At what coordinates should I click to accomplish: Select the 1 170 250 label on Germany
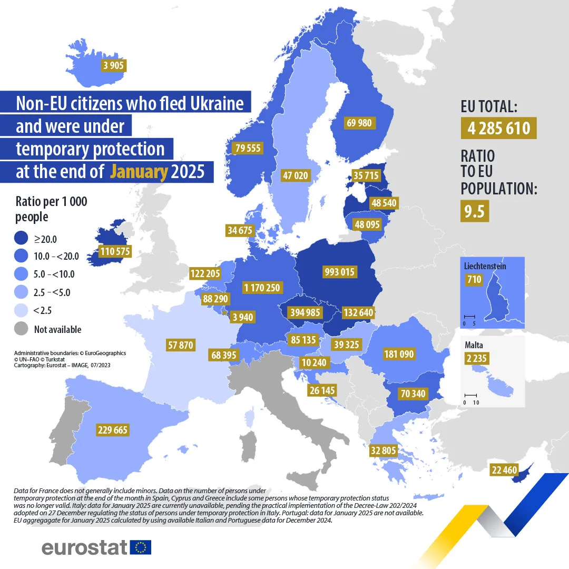262,288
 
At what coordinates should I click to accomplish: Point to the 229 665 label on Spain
113,430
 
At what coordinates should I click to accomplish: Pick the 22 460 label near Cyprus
505,469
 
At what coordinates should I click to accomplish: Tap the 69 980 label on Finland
359,123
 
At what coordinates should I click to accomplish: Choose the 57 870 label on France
180,346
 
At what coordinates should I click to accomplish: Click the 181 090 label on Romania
399,354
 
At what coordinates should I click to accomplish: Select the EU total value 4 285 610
499,128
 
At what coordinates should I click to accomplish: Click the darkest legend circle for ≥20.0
22,239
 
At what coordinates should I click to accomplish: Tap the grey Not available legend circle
22,329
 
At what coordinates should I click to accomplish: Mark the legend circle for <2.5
22,310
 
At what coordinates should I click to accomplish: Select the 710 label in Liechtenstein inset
474,279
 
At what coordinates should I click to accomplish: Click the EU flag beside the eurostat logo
140,547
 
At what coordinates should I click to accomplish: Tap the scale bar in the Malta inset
470,396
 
